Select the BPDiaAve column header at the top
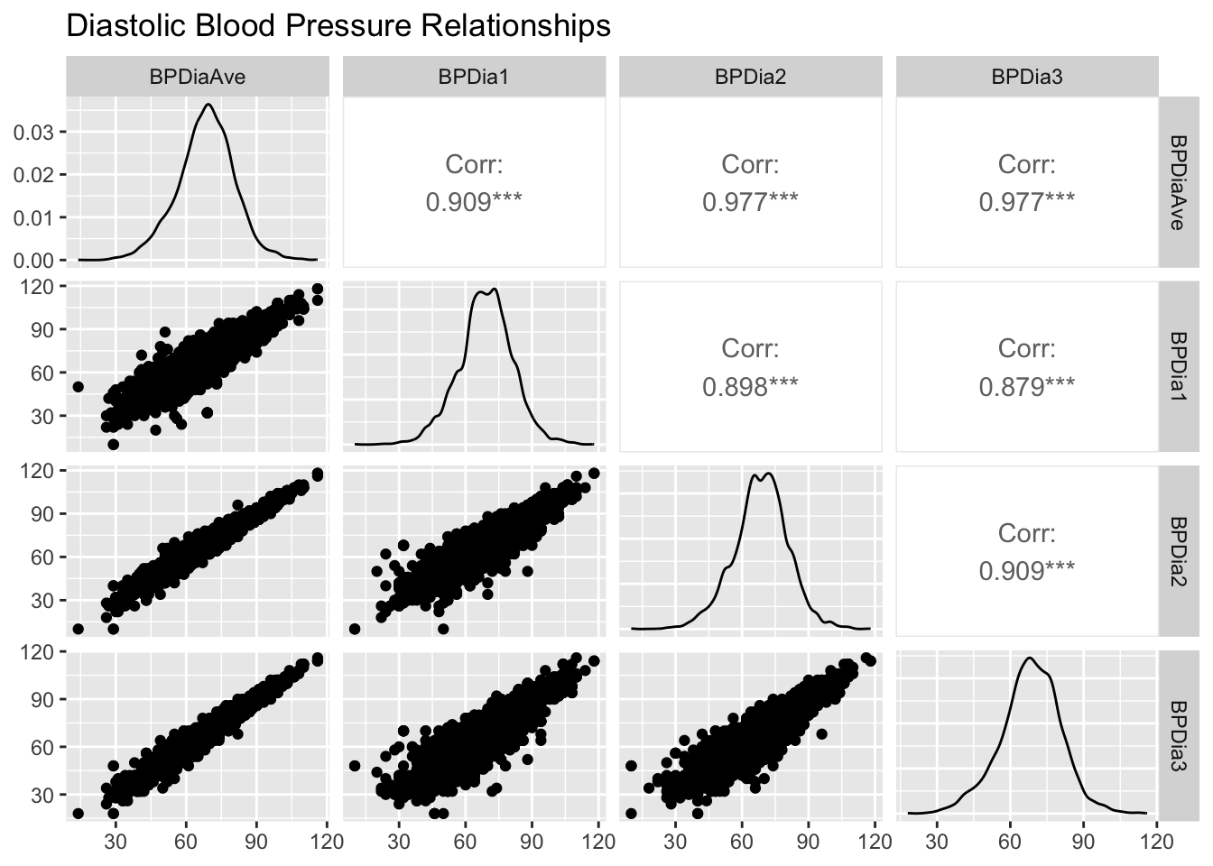tap(198, 77)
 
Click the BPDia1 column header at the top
tap(474, 77)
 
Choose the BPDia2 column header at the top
tap(751, 77)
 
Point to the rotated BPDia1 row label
tap(1179, 366)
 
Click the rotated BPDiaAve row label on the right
tap(1179, 182)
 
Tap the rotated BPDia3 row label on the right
tap(1179, 736)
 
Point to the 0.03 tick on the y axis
tap(33, 132)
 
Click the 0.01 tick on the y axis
tap(33, 217)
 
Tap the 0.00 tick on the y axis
tap(33, 261)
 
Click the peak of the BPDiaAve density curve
tap(209, 105)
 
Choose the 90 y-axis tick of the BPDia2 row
tap(42, 514)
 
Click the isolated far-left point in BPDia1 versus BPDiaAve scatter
tap(78, 386)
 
